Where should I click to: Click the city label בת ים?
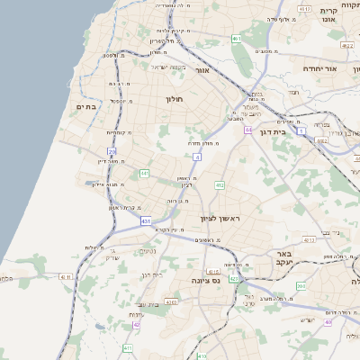point(85,107)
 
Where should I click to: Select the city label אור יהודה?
point(319,68)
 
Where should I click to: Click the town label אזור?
point(202,70)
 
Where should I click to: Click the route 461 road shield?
point(236,39)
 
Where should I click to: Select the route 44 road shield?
point(247,130)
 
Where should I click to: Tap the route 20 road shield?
point(112,152)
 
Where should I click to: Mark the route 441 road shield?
point(144,173)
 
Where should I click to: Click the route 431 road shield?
point(146,220)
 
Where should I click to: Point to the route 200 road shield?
point(301,286)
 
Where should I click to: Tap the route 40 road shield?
point(328,321)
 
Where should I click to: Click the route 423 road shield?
point(234,279)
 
